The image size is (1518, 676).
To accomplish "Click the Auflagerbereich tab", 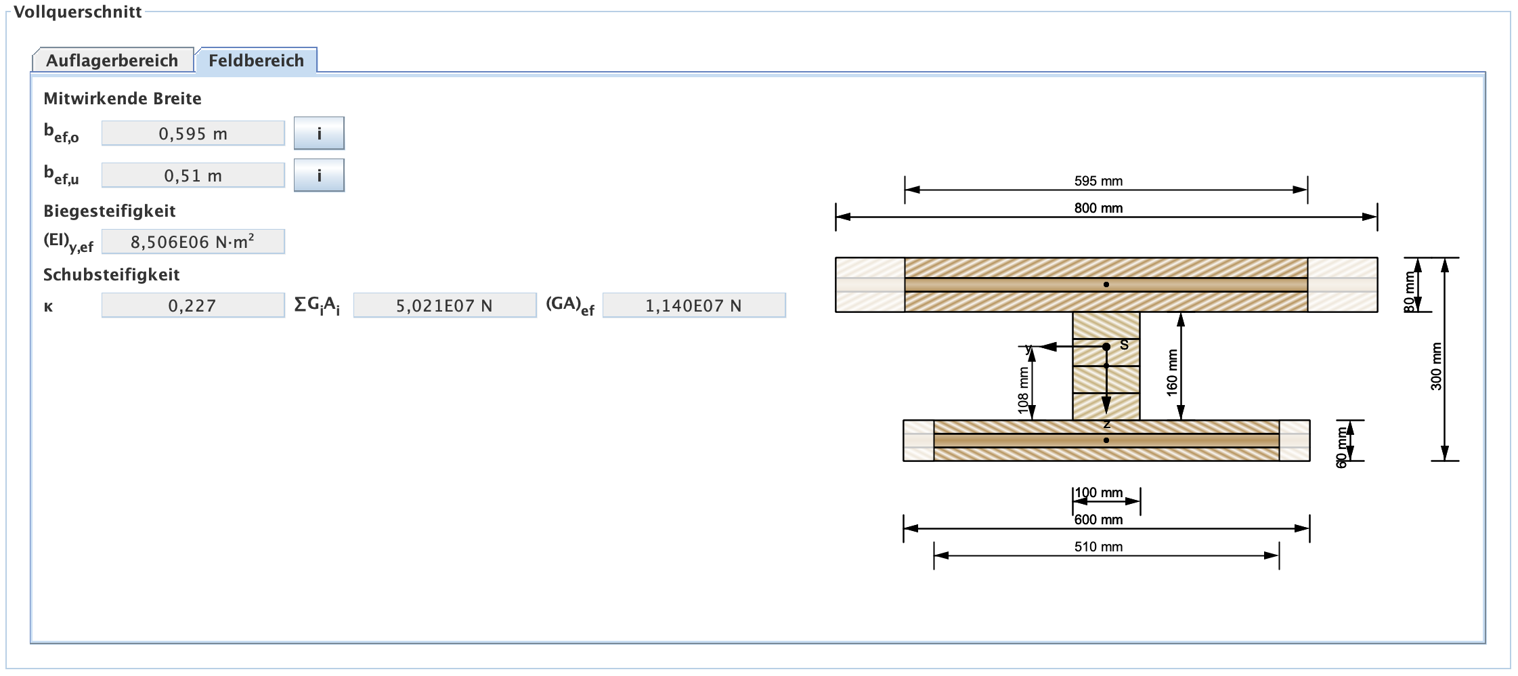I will click(112, 60).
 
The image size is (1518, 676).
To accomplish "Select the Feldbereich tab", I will click(256, 60).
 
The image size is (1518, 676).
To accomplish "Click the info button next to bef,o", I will click(319, 133).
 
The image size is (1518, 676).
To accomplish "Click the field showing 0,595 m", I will click(193, 133).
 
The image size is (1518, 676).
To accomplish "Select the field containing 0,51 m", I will click(193, 175).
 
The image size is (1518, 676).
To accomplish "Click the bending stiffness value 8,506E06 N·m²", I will click(193, 242).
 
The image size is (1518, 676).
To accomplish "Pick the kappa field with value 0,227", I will click(193, 305).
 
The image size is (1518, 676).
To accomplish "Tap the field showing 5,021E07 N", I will click(444, 305).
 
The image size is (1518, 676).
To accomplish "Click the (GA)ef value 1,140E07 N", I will click(693, 305).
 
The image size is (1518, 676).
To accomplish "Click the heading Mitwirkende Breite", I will click(123, 98).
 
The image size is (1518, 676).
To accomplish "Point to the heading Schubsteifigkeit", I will click(112, 274).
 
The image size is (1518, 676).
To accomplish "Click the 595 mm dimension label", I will click(1098, 181).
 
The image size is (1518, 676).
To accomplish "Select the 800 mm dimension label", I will click(1098, 208).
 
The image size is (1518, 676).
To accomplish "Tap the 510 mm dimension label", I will click(1098, 547).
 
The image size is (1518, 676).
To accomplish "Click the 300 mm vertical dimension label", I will click(1436, 366).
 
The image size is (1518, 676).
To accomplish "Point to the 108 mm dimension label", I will click(1023, 390).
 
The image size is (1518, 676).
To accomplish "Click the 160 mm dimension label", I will click(1172, 373).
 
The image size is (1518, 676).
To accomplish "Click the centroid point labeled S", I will click(1106, 347).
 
